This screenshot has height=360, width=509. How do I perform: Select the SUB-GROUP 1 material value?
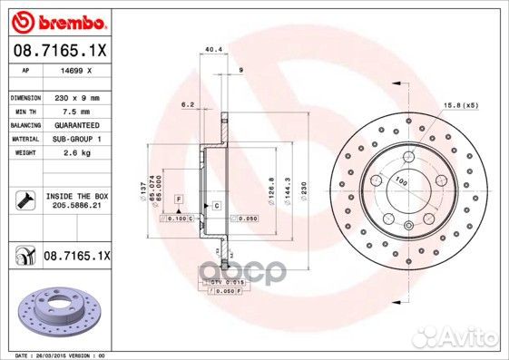(75, 138)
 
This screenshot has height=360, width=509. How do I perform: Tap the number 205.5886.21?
(75, 206)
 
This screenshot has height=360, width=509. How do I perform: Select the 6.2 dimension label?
(189, 104)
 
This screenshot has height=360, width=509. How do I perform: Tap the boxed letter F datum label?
(180, 198)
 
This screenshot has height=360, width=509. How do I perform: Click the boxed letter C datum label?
(217, 207)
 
